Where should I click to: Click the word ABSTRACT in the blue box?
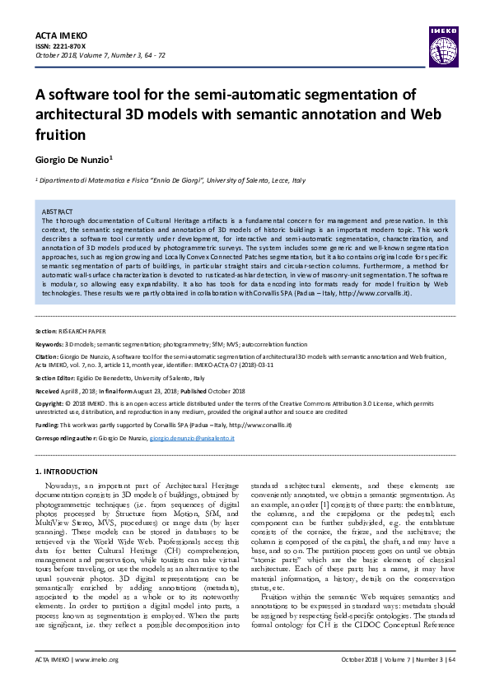(x=58, y=212)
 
